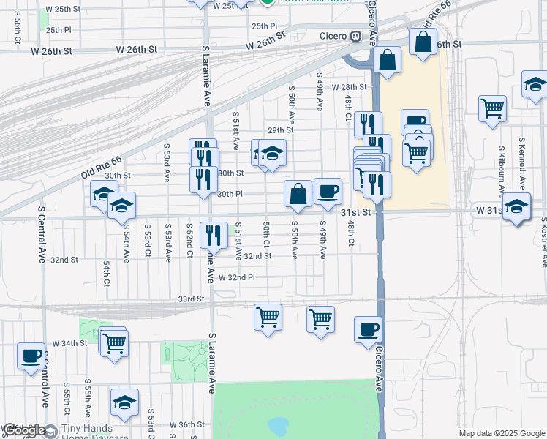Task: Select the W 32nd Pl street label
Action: click(x=235, y=278)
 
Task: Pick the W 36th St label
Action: click(x=186, y=424)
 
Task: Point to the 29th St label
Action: click(x=280, y=130)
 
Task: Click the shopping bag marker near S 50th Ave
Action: click(x=298, y=194)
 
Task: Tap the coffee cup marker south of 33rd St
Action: click(x=369, y=329)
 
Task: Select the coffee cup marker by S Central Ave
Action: click(x=31, y=356)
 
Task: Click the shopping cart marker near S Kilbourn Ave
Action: click(x=493, y=108)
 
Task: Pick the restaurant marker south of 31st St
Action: click(x=213, y=235)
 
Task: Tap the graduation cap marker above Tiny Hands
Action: click(x=124, y=402)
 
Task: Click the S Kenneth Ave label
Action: click(x=522, y=160)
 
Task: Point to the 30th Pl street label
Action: click(x=230, y=194)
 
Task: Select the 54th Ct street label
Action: click(x=107, y=272)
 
